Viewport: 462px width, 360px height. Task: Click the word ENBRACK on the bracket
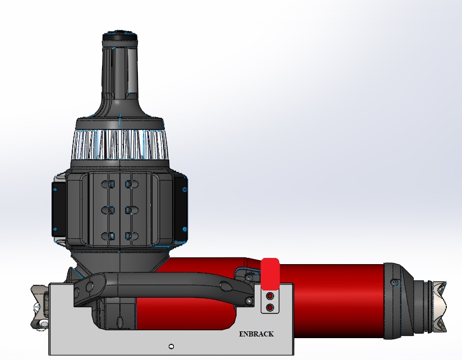point(256,334)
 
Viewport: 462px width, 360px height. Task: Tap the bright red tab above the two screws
point(270,273)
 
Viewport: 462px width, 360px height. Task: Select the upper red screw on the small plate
point(270,296)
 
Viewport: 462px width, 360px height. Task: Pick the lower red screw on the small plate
point(270,307)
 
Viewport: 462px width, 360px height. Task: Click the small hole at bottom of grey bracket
point(171,345)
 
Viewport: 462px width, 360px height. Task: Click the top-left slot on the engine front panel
point(110,184)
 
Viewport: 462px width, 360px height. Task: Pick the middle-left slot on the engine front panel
point(110,210)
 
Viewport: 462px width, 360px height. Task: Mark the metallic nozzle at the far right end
point(437,306)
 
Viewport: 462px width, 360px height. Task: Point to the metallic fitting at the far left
point(39,307)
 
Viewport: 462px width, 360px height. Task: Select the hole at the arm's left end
point(88,287)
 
